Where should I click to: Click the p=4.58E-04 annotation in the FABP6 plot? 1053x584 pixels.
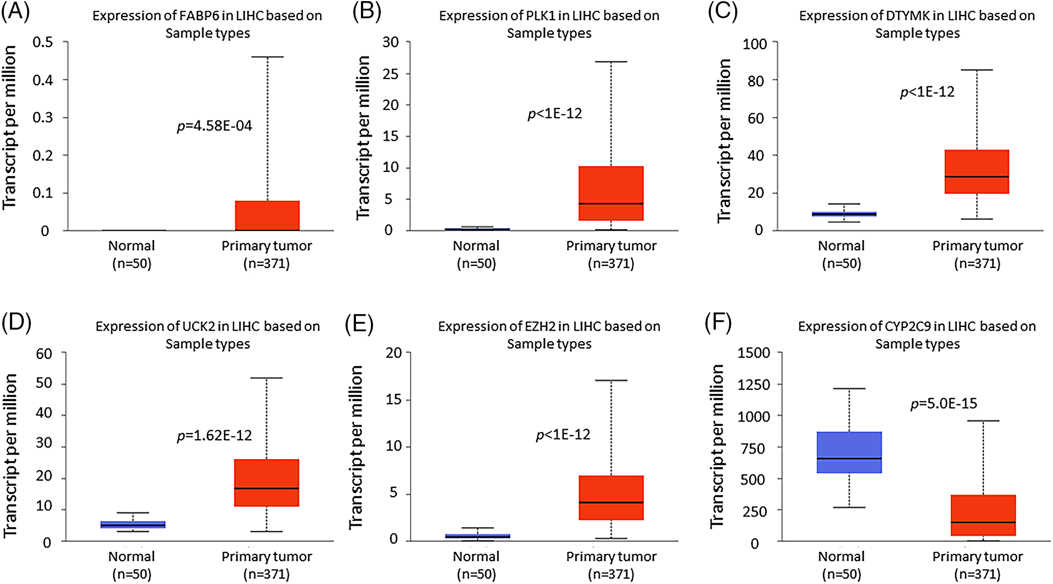(x=214, y=126)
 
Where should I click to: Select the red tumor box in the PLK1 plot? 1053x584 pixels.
(x=611, y=193)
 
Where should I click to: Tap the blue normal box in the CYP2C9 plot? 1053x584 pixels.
(x=849, y=452)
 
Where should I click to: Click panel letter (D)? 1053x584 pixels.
(x=16, y=322)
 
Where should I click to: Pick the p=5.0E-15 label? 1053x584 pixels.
(x=944, y=404)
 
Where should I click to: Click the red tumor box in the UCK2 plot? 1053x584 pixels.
(x=266, y=483)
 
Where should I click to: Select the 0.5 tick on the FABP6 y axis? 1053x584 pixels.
(x=43, y=43)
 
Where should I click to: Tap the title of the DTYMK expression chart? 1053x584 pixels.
(x=917, y=24)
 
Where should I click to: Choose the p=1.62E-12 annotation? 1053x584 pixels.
(x=214, y=436)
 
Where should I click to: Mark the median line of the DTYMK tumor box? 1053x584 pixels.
(x=977, y=177)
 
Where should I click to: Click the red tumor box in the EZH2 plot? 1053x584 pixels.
(x=611, y=498)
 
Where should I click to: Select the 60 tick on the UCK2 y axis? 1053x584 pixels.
(x=44, y=354)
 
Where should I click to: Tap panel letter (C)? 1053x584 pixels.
(x=722, y=12)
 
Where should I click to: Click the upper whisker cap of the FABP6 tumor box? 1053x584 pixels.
(x=268, y=57)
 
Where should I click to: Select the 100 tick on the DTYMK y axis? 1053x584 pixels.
(x=755, y=44)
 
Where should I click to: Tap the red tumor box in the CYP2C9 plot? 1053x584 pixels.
(x=983, y=515)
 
